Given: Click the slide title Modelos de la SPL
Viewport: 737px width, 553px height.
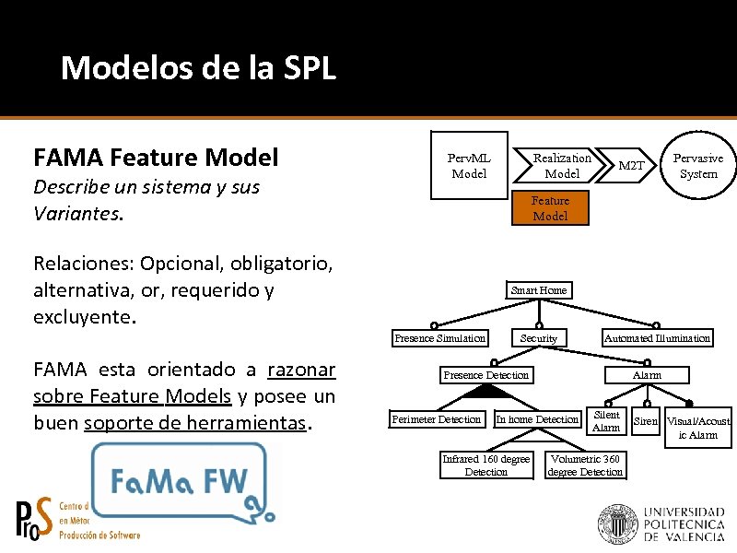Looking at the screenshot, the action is coord(198,68).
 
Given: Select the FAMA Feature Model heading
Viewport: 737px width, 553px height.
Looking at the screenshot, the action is coord(156,158).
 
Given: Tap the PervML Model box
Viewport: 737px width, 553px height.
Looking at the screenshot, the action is coord(469,166).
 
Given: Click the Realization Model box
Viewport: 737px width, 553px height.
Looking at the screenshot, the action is coord(561,166).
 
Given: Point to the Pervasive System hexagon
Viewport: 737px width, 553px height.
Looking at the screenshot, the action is coord(697,166).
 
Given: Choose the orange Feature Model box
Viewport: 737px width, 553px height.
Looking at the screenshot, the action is coord(550,208).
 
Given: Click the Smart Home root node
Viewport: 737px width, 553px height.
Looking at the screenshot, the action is coord(539,290).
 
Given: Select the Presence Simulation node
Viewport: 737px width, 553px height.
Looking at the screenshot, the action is coord(439,338).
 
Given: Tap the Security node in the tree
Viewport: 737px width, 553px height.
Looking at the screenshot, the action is coord(539,338).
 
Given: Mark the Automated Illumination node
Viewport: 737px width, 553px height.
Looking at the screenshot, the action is coord(657,338).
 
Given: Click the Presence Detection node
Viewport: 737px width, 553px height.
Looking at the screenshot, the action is coord(486,375).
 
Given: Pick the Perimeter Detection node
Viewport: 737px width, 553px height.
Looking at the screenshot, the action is coord(436,419).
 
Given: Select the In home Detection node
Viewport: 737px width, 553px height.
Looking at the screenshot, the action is coord(537,419).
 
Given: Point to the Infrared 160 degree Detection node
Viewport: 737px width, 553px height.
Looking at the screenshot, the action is coord(485,465).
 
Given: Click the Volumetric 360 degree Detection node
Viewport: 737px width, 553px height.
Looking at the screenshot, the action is coord(585,465).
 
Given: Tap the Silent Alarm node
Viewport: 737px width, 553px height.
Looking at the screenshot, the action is coord(606,421).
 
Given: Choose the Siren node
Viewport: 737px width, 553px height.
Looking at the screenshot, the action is coord(646,421).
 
